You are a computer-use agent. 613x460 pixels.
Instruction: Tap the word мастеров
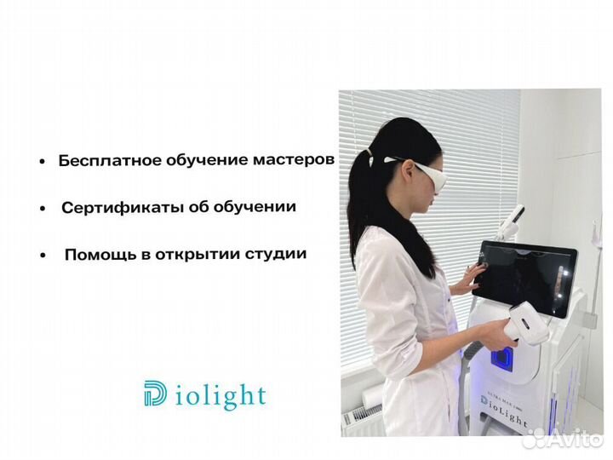pos(292,159)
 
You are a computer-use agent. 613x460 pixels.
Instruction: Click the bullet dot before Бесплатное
pos(43,161)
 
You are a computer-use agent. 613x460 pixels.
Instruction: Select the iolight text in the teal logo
pos(223,395)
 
